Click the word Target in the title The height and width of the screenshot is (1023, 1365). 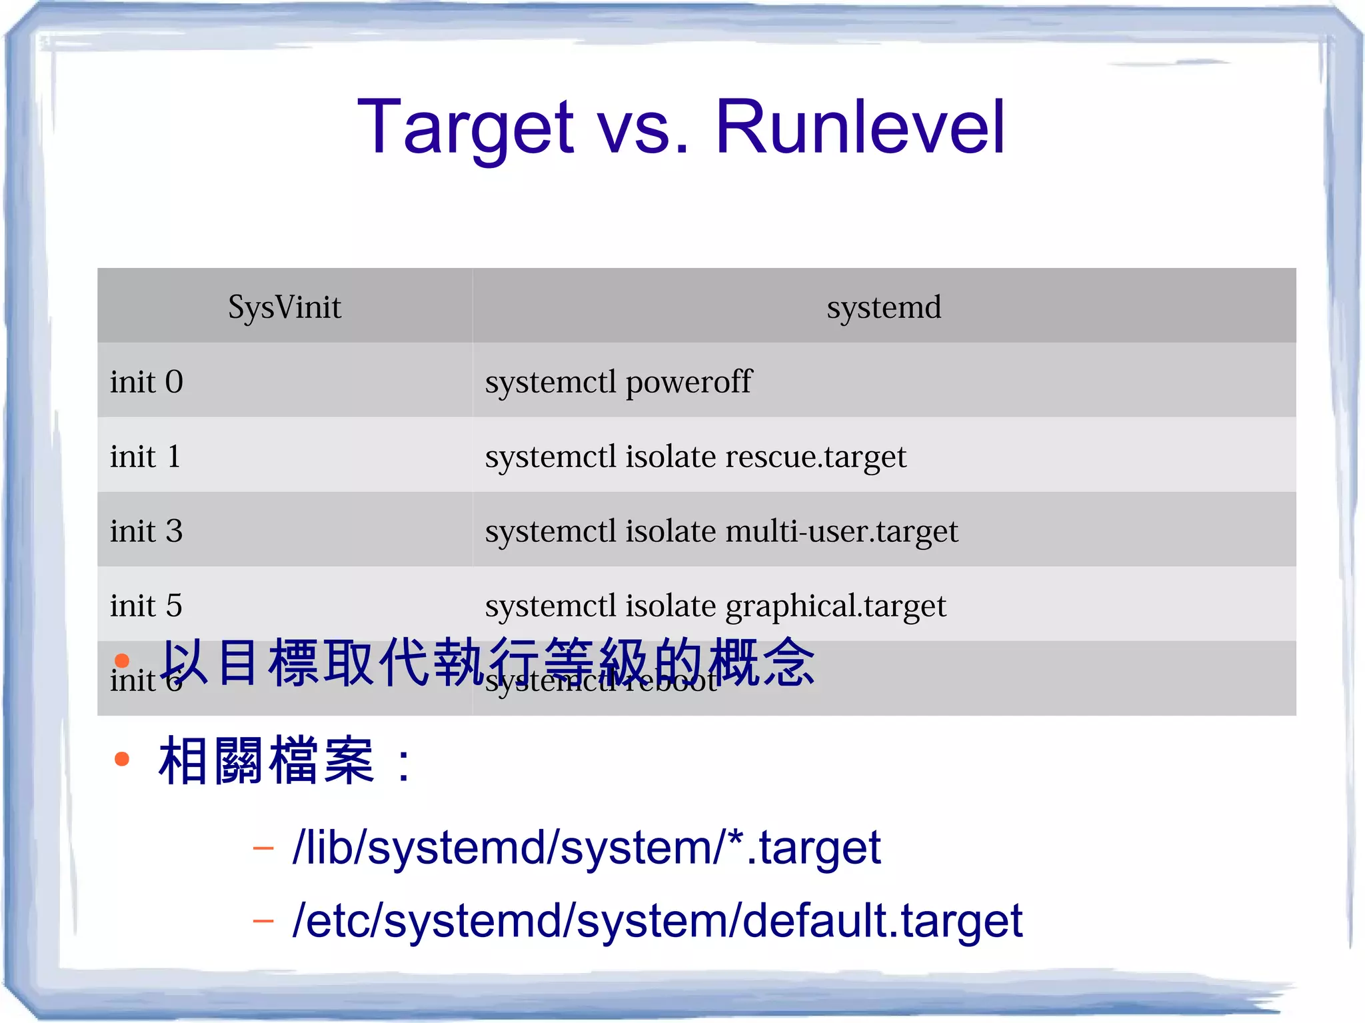point(465,127)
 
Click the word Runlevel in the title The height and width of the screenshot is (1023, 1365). point(860,127)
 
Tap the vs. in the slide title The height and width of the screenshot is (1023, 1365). point(644,127)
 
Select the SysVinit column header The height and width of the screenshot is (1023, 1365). point(285,307)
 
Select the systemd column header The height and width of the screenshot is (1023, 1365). point(884,307)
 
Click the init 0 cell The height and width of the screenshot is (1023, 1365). point(147,382)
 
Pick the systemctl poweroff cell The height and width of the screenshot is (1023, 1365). point(618,382)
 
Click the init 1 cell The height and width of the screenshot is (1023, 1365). point(145,457)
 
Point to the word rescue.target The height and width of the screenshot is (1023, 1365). point(816,457)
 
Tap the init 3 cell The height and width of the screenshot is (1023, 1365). point(146,531)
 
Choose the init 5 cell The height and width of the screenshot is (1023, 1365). point(146,606)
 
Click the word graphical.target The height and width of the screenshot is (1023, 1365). point(835,606)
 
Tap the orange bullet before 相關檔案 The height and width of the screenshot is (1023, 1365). point(121,759)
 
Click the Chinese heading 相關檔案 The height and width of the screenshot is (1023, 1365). point(267,760)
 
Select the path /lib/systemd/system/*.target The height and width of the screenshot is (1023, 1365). point(587,848)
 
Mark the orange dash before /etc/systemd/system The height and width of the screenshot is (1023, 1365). point(263,922)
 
